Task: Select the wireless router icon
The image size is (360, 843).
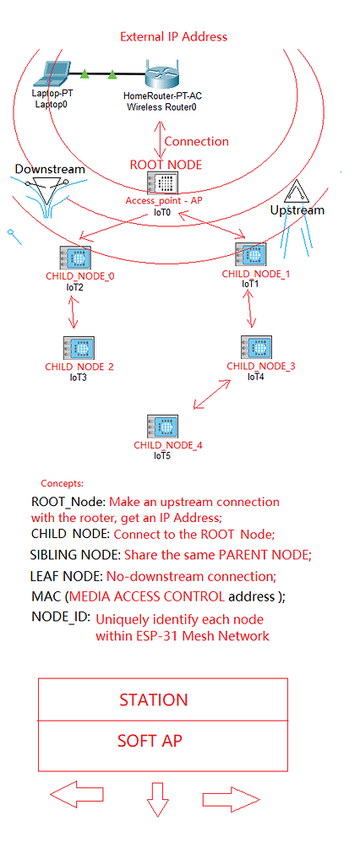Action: (161, 75)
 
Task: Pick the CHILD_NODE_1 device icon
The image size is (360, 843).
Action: (251, 255)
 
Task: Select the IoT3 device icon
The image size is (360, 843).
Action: (79, 348)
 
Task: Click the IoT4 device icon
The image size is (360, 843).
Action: (256, 347)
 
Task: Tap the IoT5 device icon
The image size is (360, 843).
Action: (163, 427)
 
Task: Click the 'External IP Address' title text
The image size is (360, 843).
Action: (173, 36)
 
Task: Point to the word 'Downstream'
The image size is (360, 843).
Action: (50, 169)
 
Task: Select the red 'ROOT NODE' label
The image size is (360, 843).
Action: (166, 165)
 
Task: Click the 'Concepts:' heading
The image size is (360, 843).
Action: (62, 483)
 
